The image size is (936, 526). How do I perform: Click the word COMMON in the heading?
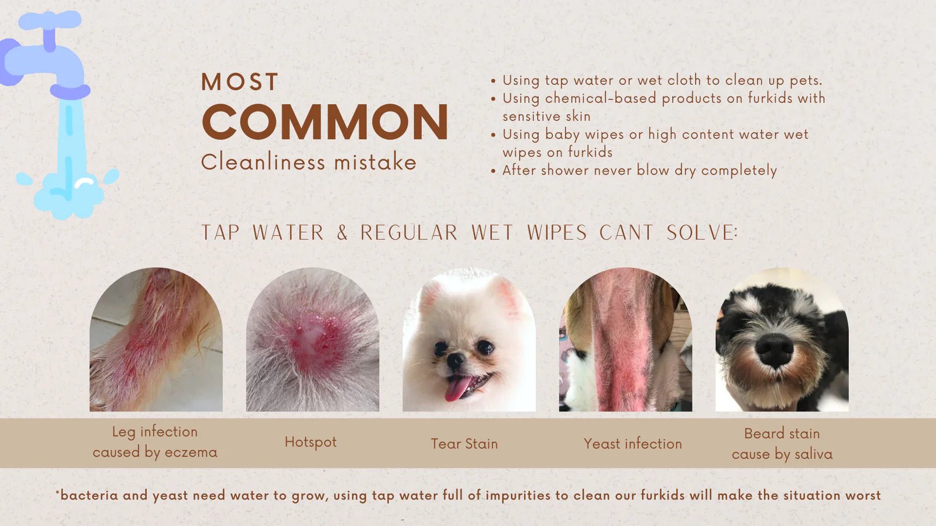click(325, 122)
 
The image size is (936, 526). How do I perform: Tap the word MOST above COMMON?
click(240, 82)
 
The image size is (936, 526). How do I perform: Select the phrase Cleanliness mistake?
click(308, 162)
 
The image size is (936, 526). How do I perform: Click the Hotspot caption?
click(311, 442)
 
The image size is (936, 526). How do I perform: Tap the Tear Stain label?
click(464, 444)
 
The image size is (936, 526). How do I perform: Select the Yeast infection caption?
click(632, 444)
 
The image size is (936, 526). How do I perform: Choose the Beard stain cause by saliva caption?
click(782, 444)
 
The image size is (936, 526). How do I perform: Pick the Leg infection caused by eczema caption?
click(155, 442)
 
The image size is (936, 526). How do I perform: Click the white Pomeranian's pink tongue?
click(458, 388)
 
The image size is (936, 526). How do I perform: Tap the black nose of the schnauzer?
click(774, 350)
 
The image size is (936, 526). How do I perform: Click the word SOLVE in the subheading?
click(702, 233)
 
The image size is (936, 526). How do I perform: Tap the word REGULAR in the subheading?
click(409, 233)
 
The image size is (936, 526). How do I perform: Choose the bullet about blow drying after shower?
click(639, 171)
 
